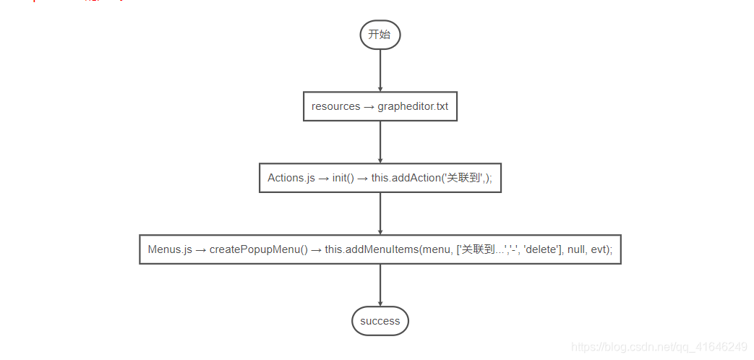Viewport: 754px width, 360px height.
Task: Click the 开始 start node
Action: pyautogui.click(x=380, y=35)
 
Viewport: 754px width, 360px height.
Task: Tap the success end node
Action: pyautogui.click(x=380, y=321)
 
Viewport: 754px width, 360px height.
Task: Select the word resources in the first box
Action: pyautogui.click(x=335, y=106)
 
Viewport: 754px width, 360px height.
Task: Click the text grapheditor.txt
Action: pyautogui.click(x=413, y=106)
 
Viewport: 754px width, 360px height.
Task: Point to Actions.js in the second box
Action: pyautogui.click(x=291, y=178)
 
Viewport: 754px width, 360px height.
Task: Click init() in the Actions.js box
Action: pyautogui.click(x=343, y=178)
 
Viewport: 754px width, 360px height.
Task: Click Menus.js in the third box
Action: pyautogui.click(x=170, y=249)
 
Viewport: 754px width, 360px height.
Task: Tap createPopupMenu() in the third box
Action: pyautogui.click(x=259, y=249)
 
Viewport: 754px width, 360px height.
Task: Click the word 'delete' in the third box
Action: pyautogui.click(x=540, y=249)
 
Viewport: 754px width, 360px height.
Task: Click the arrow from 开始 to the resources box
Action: pyautogui.click(x=380, y=71)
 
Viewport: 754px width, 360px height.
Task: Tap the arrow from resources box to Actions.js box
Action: pyautogui.click(x=380, y=142)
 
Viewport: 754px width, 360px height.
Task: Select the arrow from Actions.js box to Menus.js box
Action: pyautogui.click(x=380, y=213)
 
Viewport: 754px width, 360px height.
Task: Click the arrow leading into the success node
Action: pyautogui.click(x=380, y=285)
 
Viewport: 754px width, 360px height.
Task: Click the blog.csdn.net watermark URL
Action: pyautogui.click(x=659, y=347)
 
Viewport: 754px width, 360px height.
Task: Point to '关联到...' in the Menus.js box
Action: pyautogui.click(x=483, y=249)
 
